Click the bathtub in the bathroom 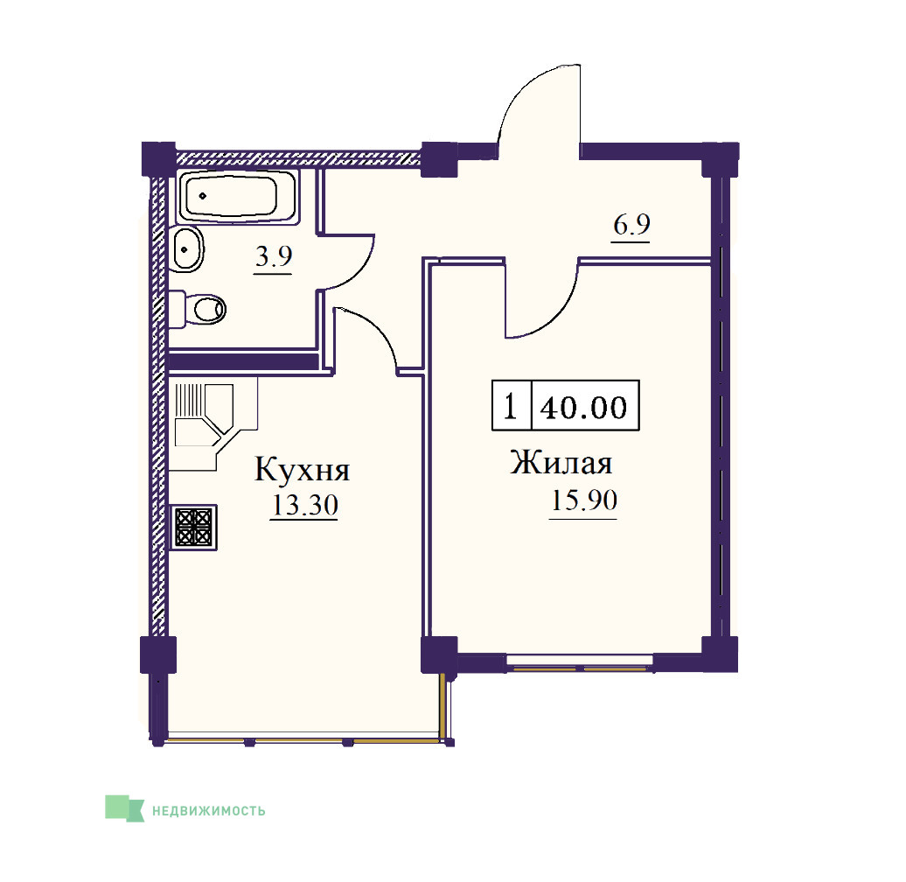click(x=239, y=196)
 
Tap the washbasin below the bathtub click(x=186, y=249)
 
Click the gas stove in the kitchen click(x=193, y=527)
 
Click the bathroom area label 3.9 click(x=274, y=256)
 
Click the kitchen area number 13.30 click(x=304, y=505)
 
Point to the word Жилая click(x=561, y=463)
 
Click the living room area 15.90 click(x=583, y=500)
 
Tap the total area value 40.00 click(x=583, y=407)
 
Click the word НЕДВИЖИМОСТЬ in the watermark click(x=209, y=811)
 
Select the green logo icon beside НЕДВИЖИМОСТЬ click(x=124, y=808)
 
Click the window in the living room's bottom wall click(x=580, y=662)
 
